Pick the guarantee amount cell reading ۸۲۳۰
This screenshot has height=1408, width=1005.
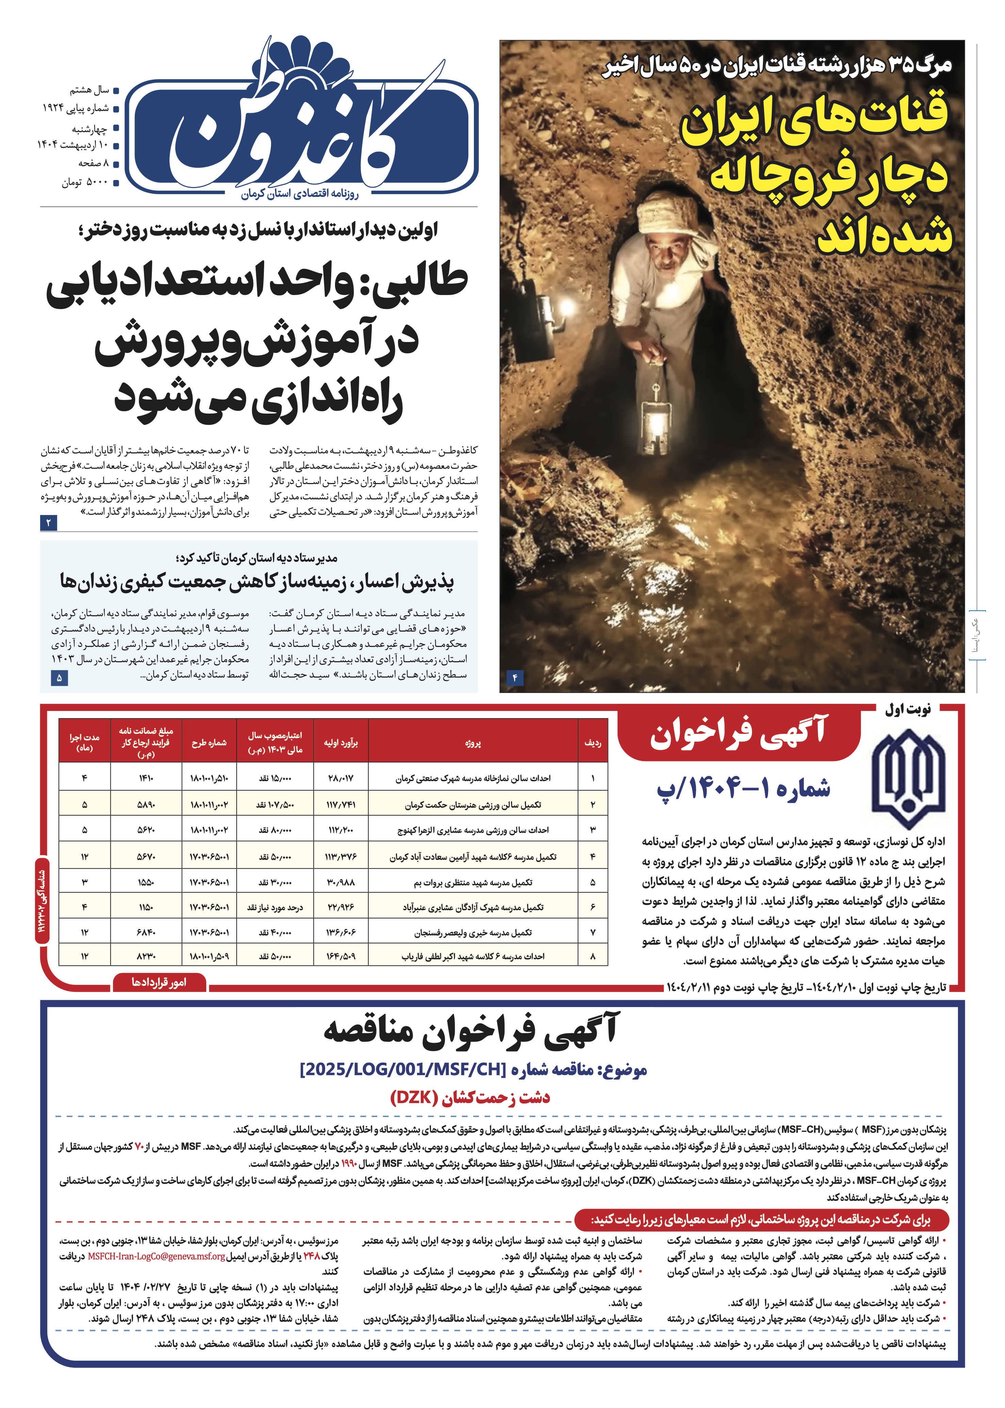pos(146,956)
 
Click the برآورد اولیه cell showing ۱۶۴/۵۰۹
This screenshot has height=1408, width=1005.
pos(340,956)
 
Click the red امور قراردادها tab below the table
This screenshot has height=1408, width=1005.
pos(159,982)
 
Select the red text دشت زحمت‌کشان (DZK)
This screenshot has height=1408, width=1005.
pos(470,1098)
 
